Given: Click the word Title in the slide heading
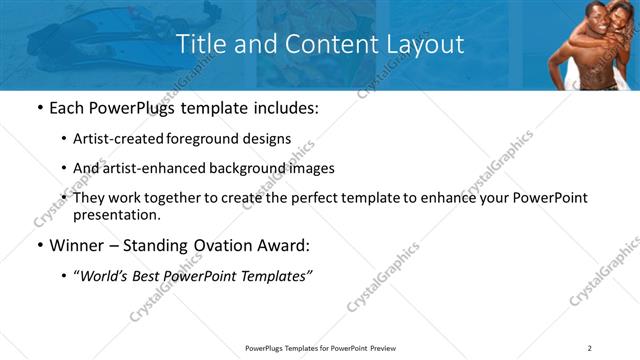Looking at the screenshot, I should (x=202, y=45).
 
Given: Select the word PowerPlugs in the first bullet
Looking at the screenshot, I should (x=123, y=106).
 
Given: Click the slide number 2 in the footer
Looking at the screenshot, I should (x=590, y=348).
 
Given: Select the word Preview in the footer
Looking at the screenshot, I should (x=388, y=348).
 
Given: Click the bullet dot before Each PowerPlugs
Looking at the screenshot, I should (x=39, y=107).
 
